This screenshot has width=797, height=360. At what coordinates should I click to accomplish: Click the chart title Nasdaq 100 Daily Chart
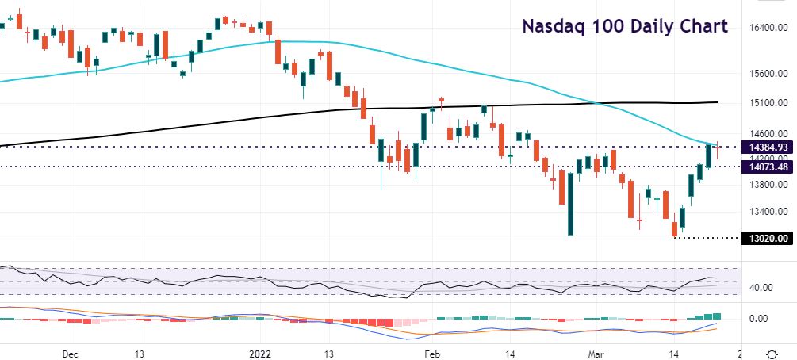(624, 26)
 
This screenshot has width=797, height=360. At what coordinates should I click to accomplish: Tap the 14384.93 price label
(767, 147)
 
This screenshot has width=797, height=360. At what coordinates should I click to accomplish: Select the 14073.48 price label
(767, 167)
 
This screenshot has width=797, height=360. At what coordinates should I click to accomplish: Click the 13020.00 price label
(767, 237)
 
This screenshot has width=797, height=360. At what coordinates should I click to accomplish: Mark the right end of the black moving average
(717, 102)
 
